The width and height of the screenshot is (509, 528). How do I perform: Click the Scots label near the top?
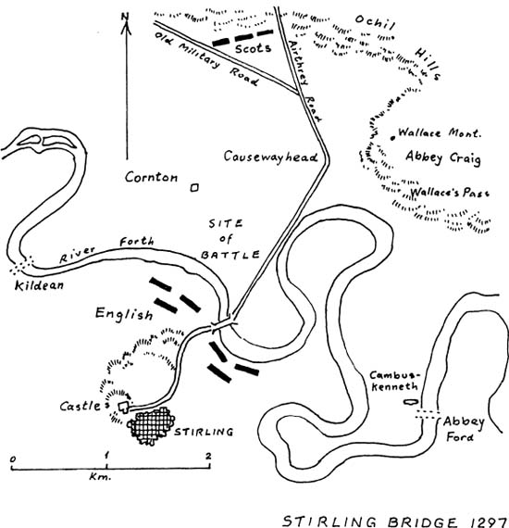[253, 48]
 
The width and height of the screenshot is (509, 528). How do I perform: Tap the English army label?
[124, 314]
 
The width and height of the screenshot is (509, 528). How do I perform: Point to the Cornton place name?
[151, 177]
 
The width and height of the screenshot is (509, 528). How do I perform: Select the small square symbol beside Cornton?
[194, 187]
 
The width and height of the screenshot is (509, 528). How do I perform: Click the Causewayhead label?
[271, 157]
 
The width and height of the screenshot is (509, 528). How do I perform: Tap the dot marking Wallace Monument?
[392, 138]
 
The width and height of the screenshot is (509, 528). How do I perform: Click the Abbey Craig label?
[443, 157]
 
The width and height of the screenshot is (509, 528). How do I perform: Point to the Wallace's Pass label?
[450, 193]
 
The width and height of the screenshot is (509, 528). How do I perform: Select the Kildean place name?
[39, 285]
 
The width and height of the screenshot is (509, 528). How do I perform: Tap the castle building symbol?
[123, 407]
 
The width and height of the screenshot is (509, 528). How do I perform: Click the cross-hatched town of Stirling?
[151, 426]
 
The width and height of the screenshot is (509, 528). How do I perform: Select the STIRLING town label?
[204, 432]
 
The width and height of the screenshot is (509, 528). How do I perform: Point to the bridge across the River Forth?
[222, 324]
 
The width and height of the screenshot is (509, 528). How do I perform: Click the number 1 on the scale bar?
[106, 456]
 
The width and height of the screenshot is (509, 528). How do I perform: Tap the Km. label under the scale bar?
[100, 477]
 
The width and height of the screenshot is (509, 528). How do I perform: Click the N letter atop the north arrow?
[126, 16]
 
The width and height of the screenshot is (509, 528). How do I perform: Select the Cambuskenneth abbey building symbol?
[410, 402]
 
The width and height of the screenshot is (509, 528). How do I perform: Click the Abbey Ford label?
[462, 429]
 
